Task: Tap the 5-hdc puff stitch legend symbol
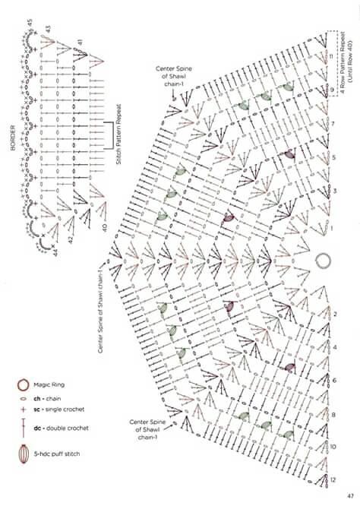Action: (24, 454)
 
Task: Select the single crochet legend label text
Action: (58, 409)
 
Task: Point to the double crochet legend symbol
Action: (23, 428)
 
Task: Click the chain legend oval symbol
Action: (23, 398)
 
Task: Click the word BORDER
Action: (13, 138)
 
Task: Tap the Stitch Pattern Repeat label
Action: (118, 134)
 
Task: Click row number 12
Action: (333, 480)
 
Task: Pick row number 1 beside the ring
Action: (331, 229)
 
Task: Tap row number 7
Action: (332, 124)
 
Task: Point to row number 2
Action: (335, 315)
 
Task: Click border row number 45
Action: (30, 23)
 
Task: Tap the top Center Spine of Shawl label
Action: (174, 76)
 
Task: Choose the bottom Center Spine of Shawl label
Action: (147, 429)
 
